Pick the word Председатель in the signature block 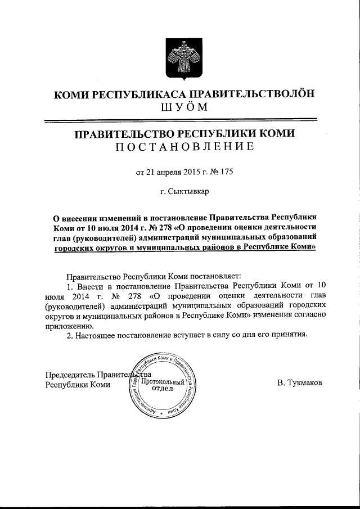pyautogui.click(x=69, y=374)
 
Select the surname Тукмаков pyautogui.click(x=299, y=383)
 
